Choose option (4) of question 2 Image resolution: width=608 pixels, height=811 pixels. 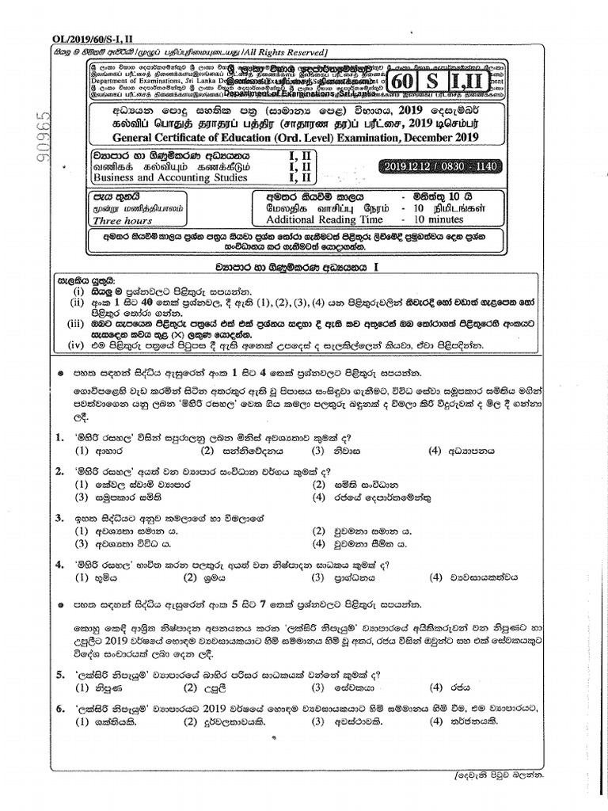(320, 498)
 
